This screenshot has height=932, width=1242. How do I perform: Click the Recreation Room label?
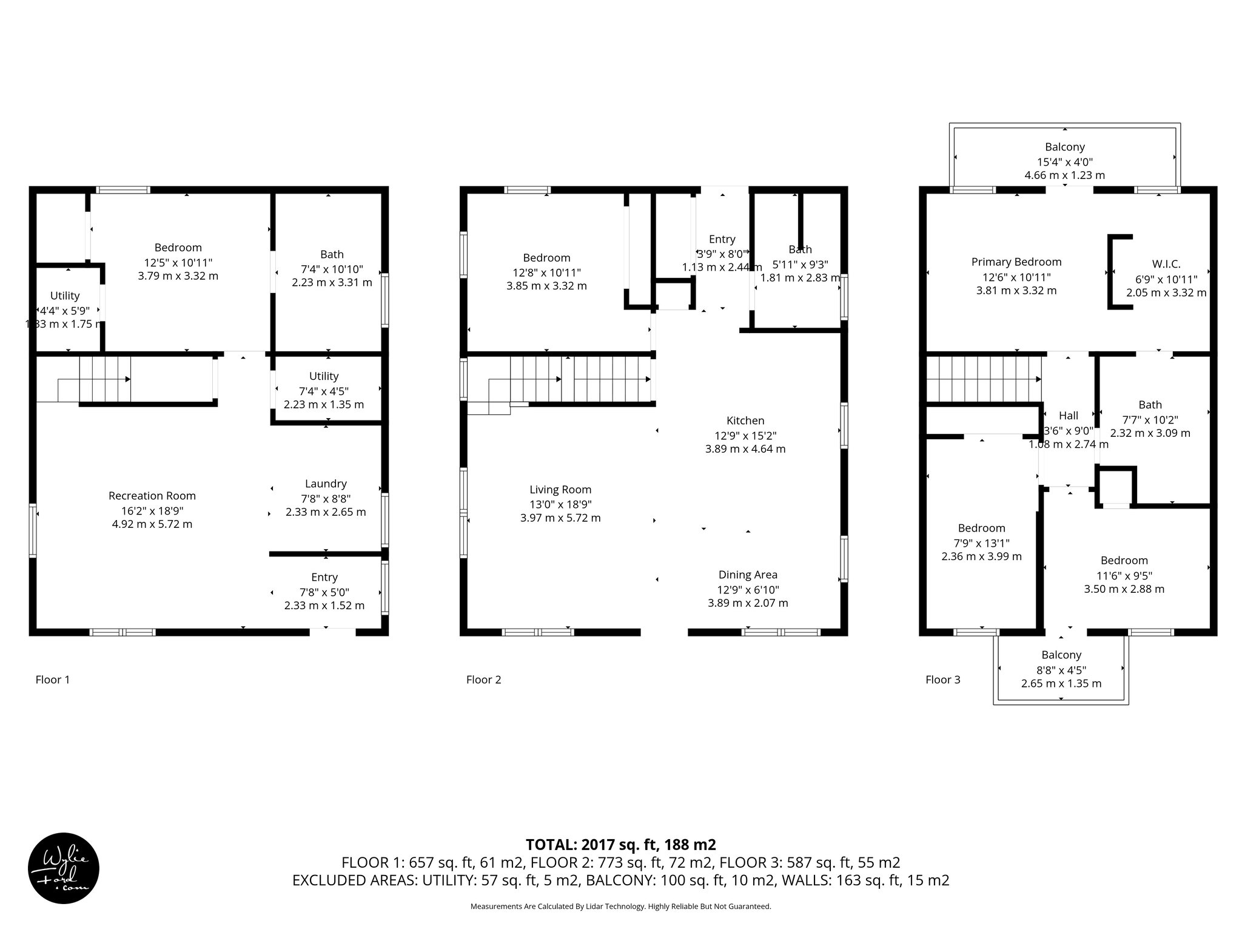coord(152,496)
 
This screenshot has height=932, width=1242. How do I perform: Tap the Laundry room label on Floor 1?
coord(326,484)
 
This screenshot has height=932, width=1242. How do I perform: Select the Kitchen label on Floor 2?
coord(745,420)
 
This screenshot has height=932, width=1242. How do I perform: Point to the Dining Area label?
coord(748,575)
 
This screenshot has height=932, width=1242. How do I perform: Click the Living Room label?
coord(560,490)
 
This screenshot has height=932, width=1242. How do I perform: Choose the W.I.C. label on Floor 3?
coord(1166,264)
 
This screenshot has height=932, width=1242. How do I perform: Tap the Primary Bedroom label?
coord(1016,262)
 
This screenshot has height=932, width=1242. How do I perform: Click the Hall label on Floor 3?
coord(1069,416)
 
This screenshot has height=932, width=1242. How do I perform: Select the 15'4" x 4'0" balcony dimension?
coord(1064,162)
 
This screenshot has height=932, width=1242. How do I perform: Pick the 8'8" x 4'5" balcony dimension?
coord(1061,670)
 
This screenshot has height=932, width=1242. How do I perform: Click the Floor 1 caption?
coord(53,680)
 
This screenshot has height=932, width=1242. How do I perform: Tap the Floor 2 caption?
coord(483,680)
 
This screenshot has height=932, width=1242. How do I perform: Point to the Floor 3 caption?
coord(942,680)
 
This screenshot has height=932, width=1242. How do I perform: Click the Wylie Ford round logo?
coord(64,868)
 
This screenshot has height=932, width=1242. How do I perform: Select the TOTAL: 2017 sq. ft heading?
coord(620,845)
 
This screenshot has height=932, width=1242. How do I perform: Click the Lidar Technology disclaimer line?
coord(620,907)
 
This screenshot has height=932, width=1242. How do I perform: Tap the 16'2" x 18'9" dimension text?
coord(152,510)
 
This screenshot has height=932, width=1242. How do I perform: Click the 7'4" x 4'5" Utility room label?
coord(324,376)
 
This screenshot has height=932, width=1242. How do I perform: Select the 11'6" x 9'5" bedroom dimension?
coord(1124,575)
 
